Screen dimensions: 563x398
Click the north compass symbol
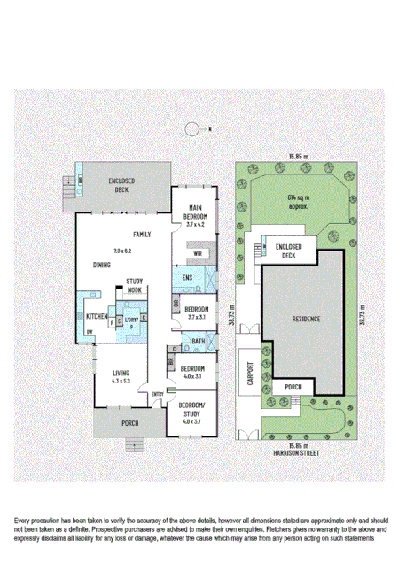(x=191, y=129)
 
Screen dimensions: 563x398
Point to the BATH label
(x=197, y=341)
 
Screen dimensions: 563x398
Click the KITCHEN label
(x=98, y=317)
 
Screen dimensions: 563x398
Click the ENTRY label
(x=157, y=394)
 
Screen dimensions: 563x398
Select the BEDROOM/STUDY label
(x=192, y=409)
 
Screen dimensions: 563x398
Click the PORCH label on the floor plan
(x=129, y=424)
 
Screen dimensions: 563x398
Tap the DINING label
(x=101, y=265)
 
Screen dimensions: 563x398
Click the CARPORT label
(x=250, y=374)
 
